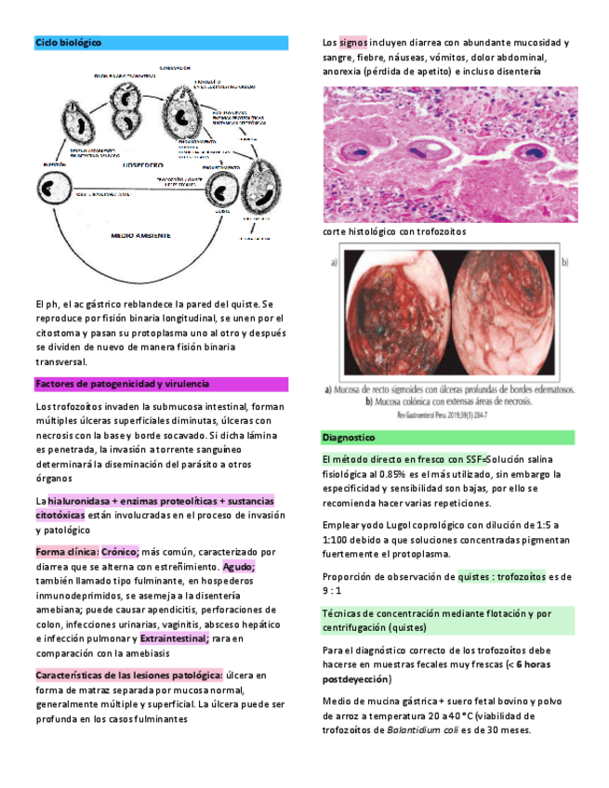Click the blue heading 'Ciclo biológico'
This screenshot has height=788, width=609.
(69, 43)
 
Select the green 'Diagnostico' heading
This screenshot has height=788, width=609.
(349, 437)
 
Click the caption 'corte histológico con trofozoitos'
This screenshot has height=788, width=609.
(394, 231)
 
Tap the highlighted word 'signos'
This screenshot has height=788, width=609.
(353, 43)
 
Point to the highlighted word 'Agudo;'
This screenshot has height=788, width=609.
(239, 566)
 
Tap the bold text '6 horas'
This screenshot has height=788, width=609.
(530, 664)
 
